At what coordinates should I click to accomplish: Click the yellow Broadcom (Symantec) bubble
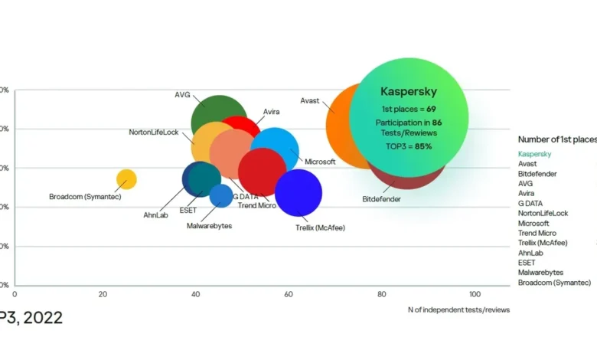pyautogui.click(x=127, y=179)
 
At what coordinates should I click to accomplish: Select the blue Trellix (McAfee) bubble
pyautogui.click(x=298, y=193)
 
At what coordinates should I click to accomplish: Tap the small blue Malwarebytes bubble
pyautogui.click(x=221, y=196)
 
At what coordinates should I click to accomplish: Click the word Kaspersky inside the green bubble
pyautogui.click(x=409, y=91)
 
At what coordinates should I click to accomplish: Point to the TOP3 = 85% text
pyautogui.click(x=409, y=146)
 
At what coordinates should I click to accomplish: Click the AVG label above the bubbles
pyautogui.click(x=182, y=95)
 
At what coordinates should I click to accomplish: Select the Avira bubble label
pyautogui.click(x=271, y=112)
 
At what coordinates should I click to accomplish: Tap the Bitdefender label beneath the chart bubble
pyautogui.click(x=381, y=199)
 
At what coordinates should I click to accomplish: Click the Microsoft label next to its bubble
pyautogui.click(x=320, y=162)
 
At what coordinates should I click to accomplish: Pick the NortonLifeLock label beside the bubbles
pyautogui.click(x=153, y=132)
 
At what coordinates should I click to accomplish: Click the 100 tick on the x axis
pyautogui.click(x=475, y=294)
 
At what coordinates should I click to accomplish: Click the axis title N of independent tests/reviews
pyautogui.click(x=458, y=309)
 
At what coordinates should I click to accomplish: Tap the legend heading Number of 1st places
pyautogui.click(x=556, y=139)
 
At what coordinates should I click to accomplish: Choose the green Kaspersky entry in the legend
pyautogui.click(x=534, y=154)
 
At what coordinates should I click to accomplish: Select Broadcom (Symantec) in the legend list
pyautogui.click(x=554, y=283)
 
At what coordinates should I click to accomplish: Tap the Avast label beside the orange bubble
pyautogui.click(x=309, y=101)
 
